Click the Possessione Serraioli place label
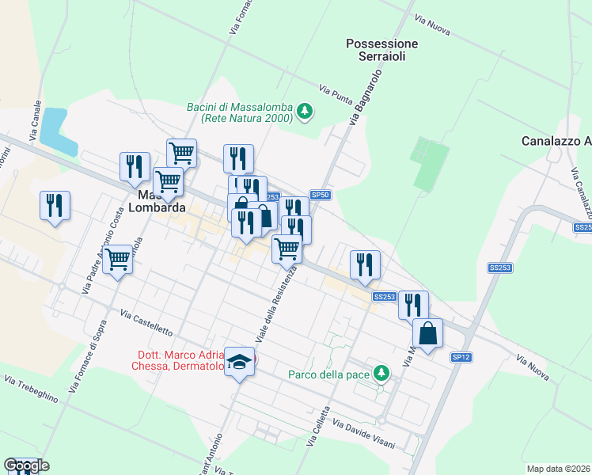coord(381,51)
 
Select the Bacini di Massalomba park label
coord(239,112)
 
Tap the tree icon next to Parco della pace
coord(381,372)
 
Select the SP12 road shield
coord(461,358)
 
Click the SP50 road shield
coord(320,195)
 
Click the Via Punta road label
coord(336,93)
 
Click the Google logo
coord(26,465)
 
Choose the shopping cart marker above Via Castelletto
coord(117,257)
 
